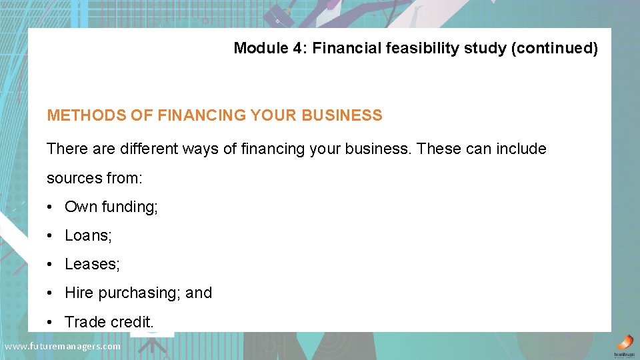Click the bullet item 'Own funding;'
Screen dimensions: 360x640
click(x=111, y=207)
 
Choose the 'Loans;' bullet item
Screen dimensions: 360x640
click(x=88, y=235)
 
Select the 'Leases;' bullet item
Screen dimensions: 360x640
click(x=92, y=264)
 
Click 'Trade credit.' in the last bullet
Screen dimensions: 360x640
click(x=109, y=322)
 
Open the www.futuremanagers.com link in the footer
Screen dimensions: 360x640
click(x=63, y=346)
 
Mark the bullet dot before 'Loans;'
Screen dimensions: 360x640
click(x=51, y=235)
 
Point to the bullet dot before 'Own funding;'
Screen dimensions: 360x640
click(x=51, y=207)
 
